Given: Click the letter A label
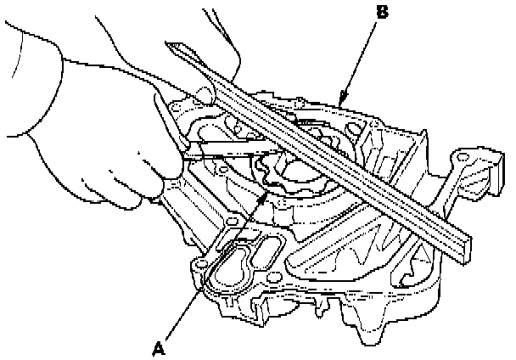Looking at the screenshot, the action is point(158,346).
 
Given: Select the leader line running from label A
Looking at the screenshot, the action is point(212,272).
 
